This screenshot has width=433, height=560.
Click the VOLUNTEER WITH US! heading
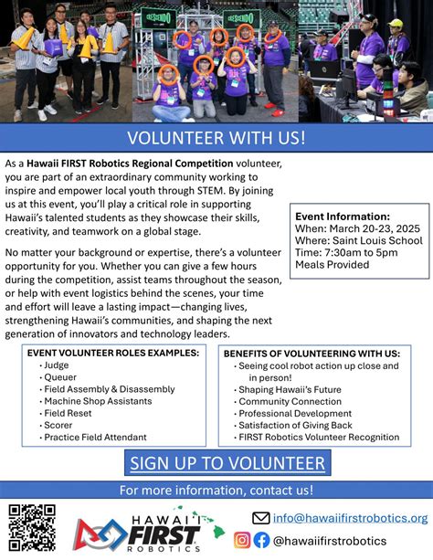pyautogui.click(x=216, y=138)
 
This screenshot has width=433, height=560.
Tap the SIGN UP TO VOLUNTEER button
pyautogui.click(x=227, y=463)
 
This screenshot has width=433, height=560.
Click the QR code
pyautogui.click(x=32, y=528)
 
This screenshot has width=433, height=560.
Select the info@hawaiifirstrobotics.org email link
pyautogui.click(x=350, y=518)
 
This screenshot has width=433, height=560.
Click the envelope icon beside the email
pyautogui.click(x=261, y=518)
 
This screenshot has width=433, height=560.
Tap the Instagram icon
pyautogui.click(x=242, y=540)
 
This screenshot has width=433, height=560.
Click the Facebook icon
pyautogui.click(x=261, y=540)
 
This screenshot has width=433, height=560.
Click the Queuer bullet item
pyautogui.click(x=59, y=376)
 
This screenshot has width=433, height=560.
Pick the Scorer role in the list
pyautogui.click(x=58, y=425)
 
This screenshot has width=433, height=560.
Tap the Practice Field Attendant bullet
pyautogui.click(x=94, y=438)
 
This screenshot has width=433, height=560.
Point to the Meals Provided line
pyautogui.click(x=333, y=265)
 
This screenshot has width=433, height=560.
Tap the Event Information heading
pyautogui.click(x=343, y=216)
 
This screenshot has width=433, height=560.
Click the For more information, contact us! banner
pyautogui.click(x=216, y=491)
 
